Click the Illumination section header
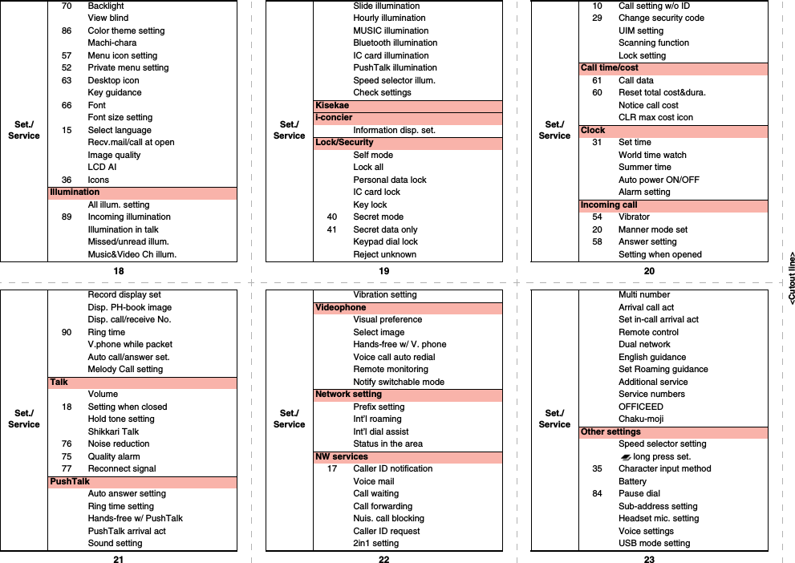(x=75, y=192)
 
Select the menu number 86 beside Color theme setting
(x=66, y=30)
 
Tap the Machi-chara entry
(x=112, y=43)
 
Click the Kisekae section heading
(x=332, y=105)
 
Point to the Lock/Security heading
(x=344, y=142)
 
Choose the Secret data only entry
(x=385, y=229)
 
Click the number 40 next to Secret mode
(x=332, y=217)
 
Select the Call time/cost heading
(x=610, y=68)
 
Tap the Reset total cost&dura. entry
(x=662, y=92)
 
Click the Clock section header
(x=593, y=130)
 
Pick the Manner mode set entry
(x=652, y=229)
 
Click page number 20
(x=649, y=271)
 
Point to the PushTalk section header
(x=70, y=481)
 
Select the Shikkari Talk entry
(x=113, y=431)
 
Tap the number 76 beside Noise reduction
(x=66, y=444)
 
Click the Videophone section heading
(x=341, y=307)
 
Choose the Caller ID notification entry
(x=392, y=468)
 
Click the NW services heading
(x=342, y=456)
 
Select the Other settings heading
(x=610, y=431)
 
